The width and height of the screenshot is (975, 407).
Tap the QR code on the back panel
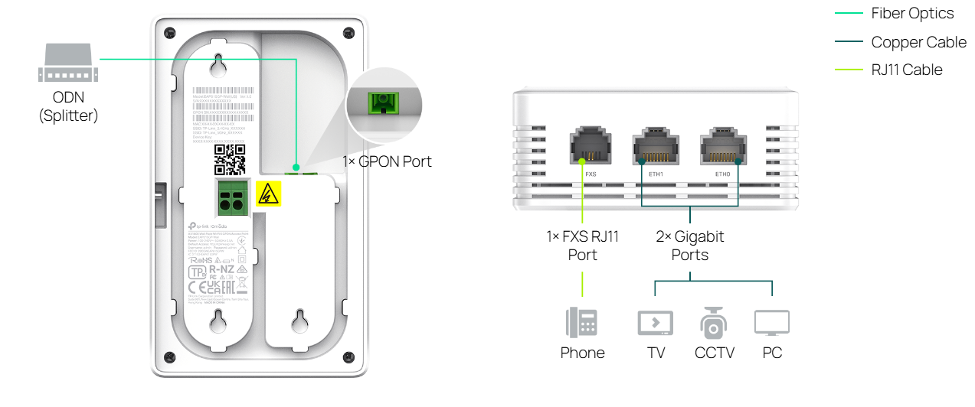click(230, 159)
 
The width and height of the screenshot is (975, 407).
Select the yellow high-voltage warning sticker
click(267, 195)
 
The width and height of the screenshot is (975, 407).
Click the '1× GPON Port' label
click(387, 161)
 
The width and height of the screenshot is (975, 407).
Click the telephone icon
click(582, 323)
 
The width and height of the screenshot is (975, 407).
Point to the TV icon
click(656, 324)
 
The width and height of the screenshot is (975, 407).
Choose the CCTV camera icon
click(714, 323)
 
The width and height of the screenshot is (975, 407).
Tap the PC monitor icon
click(771, 323)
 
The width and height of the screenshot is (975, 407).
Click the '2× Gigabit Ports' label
click(689, 245)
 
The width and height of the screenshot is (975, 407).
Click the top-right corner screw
click(349, 33)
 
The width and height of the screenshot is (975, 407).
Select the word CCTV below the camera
click(714, 353)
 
